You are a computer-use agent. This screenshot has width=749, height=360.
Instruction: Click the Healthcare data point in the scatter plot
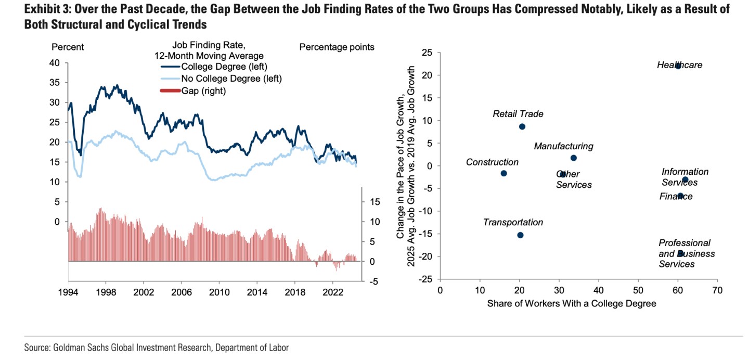click(678, 66)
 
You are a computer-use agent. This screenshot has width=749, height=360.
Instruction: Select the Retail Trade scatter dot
click(522, 126)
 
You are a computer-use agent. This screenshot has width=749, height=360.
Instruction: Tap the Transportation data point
click(520, 235)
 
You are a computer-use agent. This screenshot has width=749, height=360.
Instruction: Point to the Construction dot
click(503, 173)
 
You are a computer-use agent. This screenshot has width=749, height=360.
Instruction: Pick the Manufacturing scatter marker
click(574, 158)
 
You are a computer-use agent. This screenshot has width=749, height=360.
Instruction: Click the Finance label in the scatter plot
click(676, 196)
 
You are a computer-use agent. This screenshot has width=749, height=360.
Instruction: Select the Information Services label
click(685, 177)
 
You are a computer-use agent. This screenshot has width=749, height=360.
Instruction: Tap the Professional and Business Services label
click(686, 253)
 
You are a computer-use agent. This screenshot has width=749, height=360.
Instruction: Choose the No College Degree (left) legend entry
click(231, 79)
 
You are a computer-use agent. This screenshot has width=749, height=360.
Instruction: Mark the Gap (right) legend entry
click(203, 91)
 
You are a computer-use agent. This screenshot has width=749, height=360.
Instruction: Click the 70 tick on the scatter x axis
click(717, 289)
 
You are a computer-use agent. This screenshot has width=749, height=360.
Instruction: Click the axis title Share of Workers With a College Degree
click(571, 304)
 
